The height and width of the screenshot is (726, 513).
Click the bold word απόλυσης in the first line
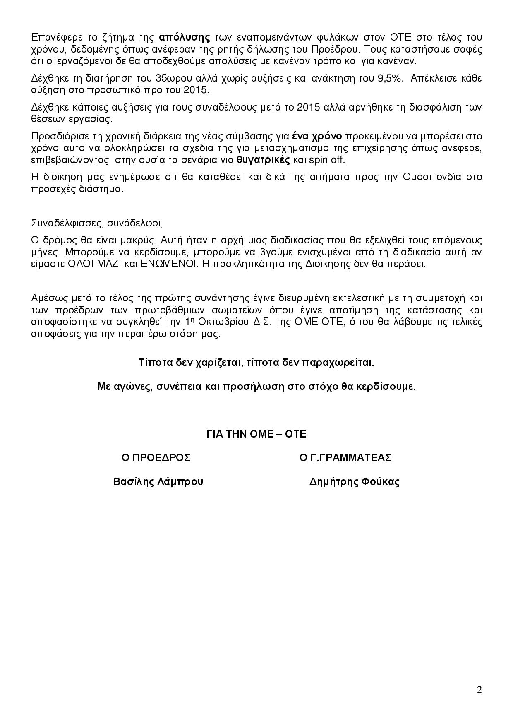[185, 38]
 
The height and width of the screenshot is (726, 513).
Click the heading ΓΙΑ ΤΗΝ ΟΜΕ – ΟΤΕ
[256, 434]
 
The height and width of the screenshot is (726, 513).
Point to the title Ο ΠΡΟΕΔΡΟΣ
[156, 458]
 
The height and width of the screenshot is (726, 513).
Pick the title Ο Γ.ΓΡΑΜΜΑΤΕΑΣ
[345, 458]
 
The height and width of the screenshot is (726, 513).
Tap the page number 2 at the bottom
[479, 690]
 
